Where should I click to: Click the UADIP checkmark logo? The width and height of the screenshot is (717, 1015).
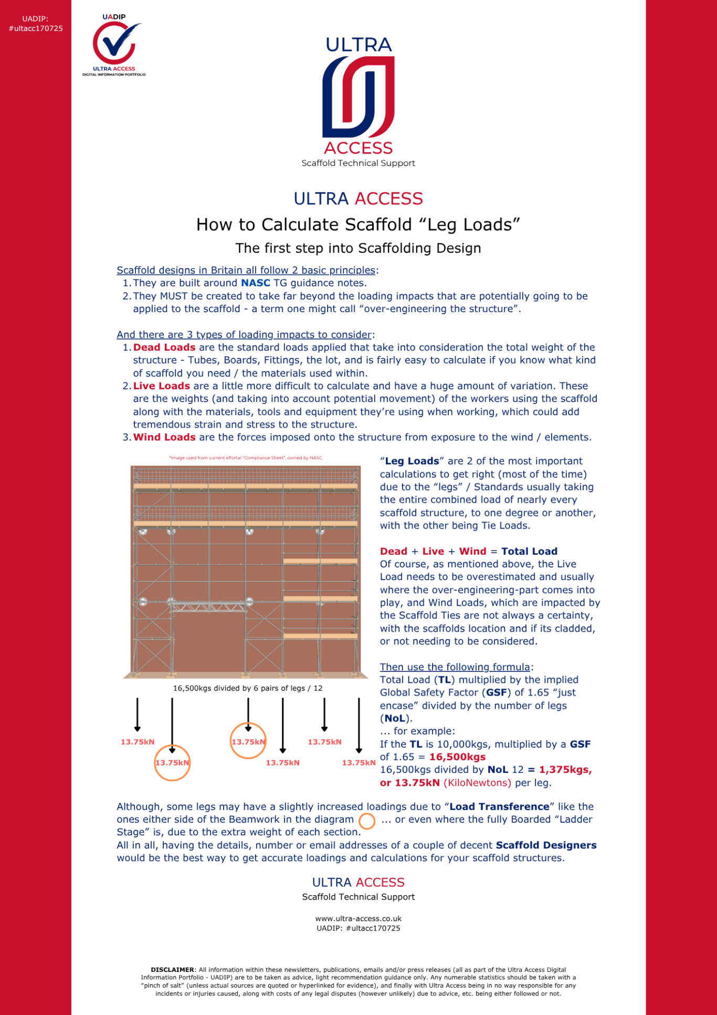114,45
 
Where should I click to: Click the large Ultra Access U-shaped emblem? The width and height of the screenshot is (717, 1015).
358,97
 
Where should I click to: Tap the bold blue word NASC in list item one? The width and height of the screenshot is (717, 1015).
255,283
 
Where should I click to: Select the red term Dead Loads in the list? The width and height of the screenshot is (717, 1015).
164,347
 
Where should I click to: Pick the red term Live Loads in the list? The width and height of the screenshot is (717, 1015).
162,386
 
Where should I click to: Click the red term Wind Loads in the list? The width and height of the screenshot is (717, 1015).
164,437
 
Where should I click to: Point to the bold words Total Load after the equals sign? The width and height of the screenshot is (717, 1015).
529,551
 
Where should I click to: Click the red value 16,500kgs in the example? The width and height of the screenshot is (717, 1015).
457,757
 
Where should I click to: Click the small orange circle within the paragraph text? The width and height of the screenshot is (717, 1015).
367,821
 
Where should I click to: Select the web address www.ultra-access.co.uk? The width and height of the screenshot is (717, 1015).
358,919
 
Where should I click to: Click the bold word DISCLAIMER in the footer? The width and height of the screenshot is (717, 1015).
172,970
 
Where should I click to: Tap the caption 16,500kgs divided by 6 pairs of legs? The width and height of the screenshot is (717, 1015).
248,688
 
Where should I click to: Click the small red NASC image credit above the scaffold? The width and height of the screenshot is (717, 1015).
245,458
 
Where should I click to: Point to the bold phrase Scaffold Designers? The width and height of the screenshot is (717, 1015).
546,845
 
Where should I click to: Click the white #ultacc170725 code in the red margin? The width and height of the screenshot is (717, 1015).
36,28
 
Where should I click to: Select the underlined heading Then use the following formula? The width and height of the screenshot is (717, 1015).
455,667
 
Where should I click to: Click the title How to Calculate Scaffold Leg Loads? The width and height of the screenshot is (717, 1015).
358,225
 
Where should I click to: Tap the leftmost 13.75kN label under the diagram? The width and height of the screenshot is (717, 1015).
138,742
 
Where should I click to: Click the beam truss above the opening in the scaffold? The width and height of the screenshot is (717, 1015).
209,607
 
